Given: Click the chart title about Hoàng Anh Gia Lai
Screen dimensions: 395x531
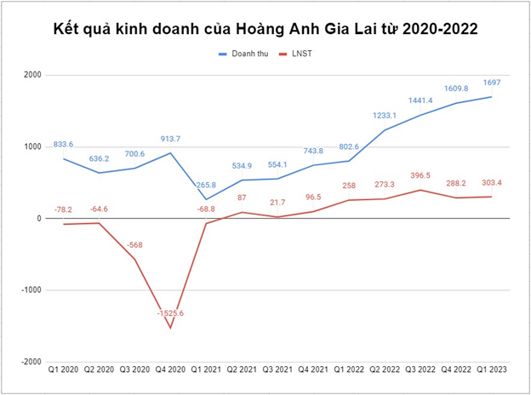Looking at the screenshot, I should pos(266,28).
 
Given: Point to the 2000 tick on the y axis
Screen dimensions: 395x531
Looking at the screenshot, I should pos(31,75).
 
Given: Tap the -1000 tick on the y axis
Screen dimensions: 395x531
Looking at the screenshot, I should pos(29,290).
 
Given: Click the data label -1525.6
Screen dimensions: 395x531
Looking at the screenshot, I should pos(170,313).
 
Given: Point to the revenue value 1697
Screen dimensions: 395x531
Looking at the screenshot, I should pos(491,83).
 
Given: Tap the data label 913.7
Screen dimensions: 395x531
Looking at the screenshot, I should pos(170,138).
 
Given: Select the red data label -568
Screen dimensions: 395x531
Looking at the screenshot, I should pos(134,245).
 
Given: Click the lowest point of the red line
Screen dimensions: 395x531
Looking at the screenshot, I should pos(170,328).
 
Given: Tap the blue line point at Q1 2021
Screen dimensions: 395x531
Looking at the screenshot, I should pos(206,199).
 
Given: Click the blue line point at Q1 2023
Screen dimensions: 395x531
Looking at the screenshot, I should pos(491,96).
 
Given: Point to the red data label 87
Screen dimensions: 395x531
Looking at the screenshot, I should pos(243,197).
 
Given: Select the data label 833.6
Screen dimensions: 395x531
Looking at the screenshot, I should pos(63,144).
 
